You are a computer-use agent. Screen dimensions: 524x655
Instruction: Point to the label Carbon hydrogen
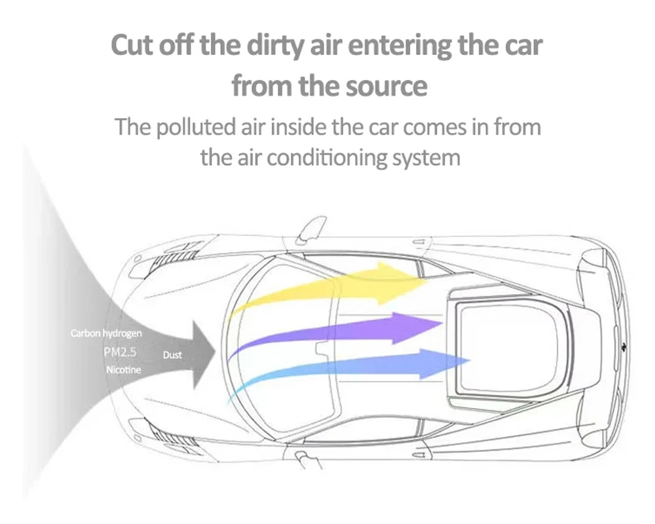pos(106,334)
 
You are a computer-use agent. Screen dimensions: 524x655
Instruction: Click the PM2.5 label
pos(120,352)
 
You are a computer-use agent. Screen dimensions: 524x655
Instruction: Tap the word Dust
pos(172,355)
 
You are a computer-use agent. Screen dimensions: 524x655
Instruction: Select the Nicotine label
pos(122,370)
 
